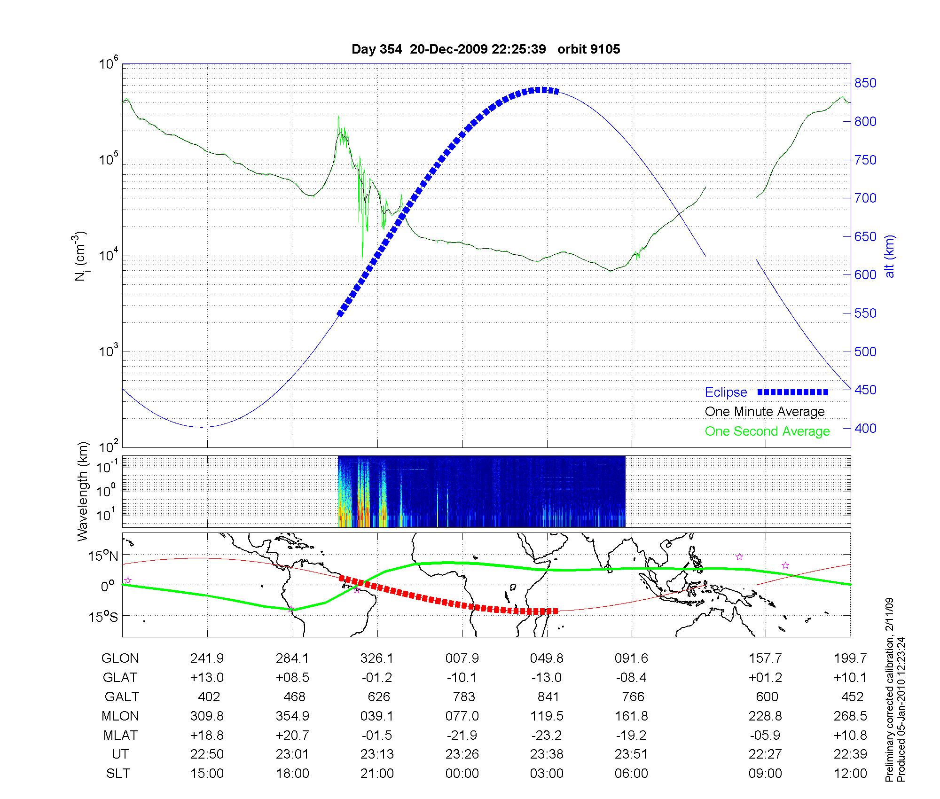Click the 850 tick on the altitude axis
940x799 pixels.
[865, 83]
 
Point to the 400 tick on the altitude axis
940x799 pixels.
[865, 428]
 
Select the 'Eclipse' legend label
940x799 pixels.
[726, 392]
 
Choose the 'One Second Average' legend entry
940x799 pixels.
[767, 431]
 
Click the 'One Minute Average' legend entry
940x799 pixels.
[765, 412]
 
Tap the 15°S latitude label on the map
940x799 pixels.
[104, 617]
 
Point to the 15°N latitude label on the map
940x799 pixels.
[104, 556]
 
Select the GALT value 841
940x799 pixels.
[547, 697]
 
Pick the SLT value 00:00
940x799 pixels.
[462, 773]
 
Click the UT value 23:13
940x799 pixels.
[377, 754]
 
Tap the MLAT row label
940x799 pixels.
[120, 735]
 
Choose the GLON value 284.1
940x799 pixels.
[292, 658]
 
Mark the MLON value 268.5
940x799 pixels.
[850, 716]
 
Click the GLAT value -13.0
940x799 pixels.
[547, 677]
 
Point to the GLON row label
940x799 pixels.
[120, 658]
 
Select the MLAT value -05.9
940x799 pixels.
[766, 735]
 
